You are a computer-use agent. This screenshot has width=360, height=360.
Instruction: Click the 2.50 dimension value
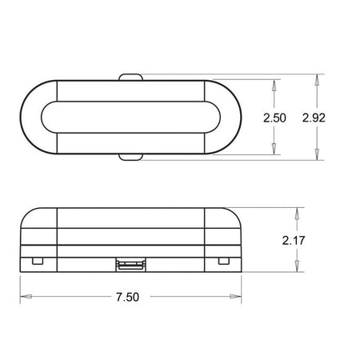274,118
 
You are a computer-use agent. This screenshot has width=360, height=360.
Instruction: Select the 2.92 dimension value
314,118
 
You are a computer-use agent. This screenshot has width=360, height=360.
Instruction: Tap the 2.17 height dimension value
294,241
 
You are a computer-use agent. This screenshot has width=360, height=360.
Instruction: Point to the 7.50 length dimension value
127,297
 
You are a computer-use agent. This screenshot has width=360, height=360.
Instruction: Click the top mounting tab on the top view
130,77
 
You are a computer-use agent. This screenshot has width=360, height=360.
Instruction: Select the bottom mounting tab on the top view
130,157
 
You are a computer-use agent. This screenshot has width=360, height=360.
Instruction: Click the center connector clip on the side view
130,265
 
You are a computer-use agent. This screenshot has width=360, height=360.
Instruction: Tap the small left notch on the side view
38,261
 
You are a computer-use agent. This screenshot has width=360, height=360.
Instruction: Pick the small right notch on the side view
224,261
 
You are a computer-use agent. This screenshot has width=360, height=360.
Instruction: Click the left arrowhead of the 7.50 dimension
26,297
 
